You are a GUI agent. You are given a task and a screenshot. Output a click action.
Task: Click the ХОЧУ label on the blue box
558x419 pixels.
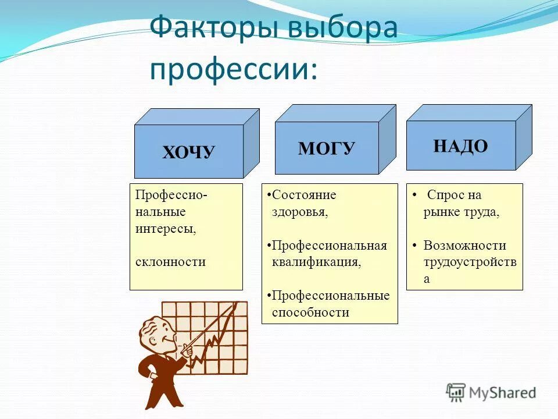(x=188, y=153)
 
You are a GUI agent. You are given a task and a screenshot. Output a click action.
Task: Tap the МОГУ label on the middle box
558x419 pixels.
(x=326, y=148)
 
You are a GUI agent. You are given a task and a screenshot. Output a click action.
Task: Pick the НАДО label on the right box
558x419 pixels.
(x=460, y=145)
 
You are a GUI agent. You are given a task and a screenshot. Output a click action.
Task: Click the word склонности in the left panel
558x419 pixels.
(x=170, y=262)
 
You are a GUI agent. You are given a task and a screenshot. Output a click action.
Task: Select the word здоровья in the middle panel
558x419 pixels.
(x=300, y=212)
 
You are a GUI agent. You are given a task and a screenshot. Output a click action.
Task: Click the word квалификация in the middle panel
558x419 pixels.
(x=316, y=262)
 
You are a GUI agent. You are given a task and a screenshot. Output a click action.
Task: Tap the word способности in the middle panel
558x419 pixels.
(x=310, y=313)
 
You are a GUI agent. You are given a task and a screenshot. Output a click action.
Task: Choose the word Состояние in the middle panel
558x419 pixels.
(x=303, y=195)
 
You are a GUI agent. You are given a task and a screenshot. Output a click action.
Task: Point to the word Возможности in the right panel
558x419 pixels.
(x=464, y=245)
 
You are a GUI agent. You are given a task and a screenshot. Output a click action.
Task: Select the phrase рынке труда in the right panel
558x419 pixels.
(x=461, y=212)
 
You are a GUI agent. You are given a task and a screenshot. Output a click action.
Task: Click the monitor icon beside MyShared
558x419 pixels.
(x=456, y=392)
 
